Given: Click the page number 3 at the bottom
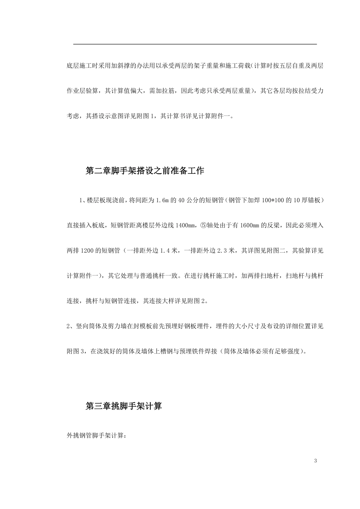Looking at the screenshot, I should coord(315,461).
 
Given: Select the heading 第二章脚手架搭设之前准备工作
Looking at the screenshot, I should coord(145,171).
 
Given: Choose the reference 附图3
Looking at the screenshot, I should coord(77,351).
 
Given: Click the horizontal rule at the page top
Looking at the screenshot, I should coord(195,44).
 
